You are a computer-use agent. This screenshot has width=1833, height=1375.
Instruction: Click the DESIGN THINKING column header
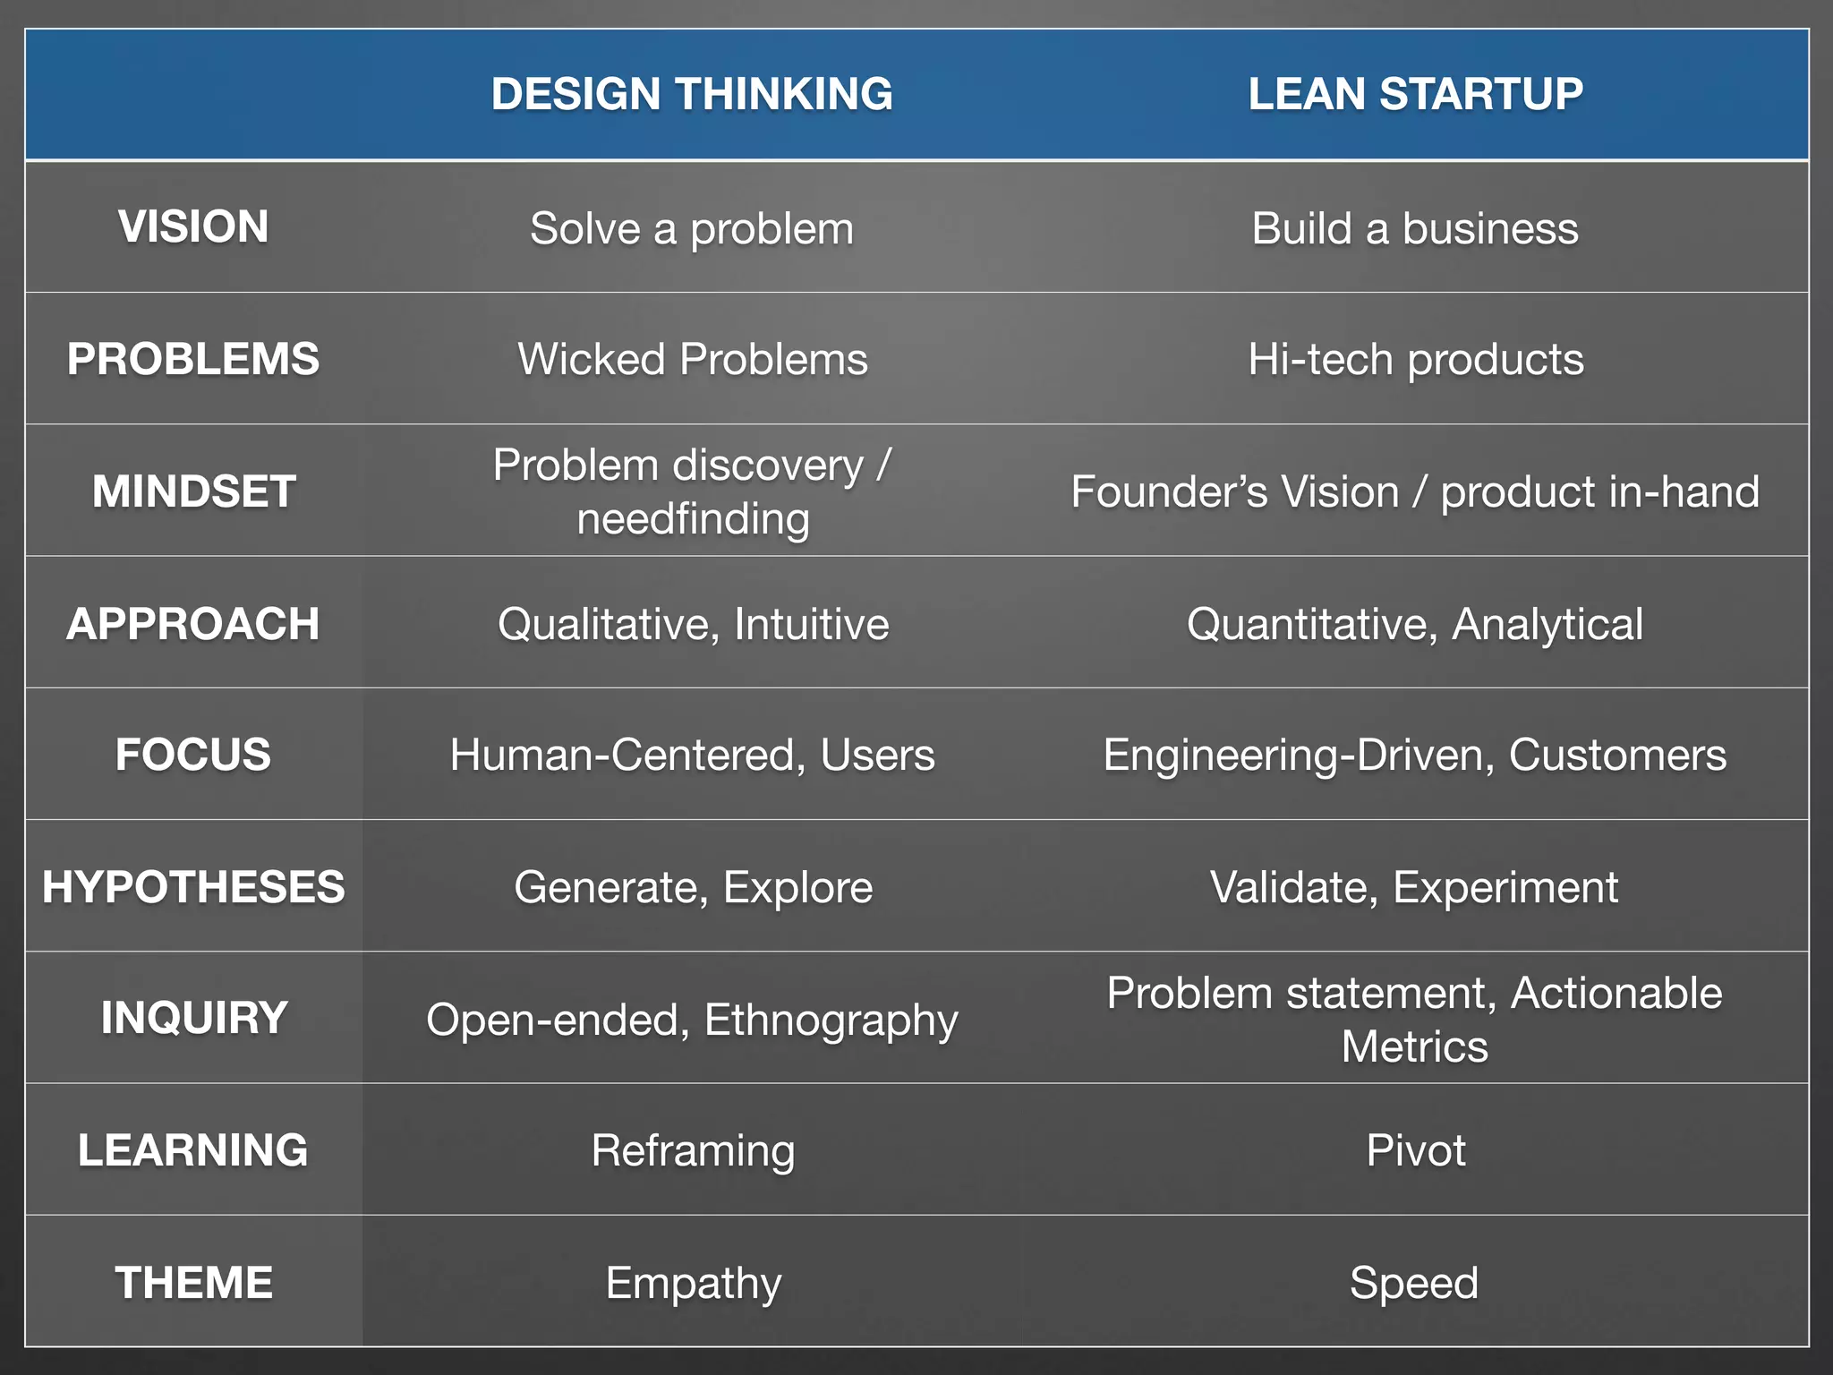click(692, 94)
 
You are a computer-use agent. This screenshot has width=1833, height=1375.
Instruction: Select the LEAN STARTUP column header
click(1415, 94)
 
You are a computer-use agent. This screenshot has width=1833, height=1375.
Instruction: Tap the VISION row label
click(193, 226)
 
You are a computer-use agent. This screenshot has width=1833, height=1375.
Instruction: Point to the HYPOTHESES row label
click(193, 887)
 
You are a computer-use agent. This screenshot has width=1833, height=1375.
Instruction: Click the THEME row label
click(193, 1282)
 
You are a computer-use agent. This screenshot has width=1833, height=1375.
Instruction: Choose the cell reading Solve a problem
click(692, 228)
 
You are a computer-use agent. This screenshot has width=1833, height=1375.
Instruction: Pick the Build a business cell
click(1415, 228)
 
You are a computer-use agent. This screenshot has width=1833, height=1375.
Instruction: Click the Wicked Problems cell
click(692, 359)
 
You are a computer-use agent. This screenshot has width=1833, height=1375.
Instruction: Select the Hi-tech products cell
click(1415, 359)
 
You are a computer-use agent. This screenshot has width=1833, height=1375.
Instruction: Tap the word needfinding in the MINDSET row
click(693, 519)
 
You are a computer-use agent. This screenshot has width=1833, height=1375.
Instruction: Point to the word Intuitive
click(811, 624)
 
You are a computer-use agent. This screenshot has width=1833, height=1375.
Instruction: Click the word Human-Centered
click(622, 755)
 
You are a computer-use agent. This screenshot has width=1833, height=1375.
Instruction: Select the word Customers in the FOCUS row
click(1617, 755)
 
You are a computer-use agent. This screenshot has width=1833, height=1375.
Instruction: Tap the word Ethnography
click(831, 1021)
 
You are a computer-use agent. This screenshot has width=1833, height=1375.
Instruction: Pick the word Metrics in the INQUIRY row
click(1414, 1046)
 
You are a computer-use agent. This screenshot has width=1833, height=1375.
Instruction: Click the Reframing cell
click(693, 1151)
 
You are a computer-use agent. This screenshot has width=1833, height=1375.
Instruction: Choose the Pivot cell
click(1415, 1150)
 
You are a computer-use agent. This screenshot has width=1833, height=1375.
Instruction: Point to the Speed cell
click(1414, 1283)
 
